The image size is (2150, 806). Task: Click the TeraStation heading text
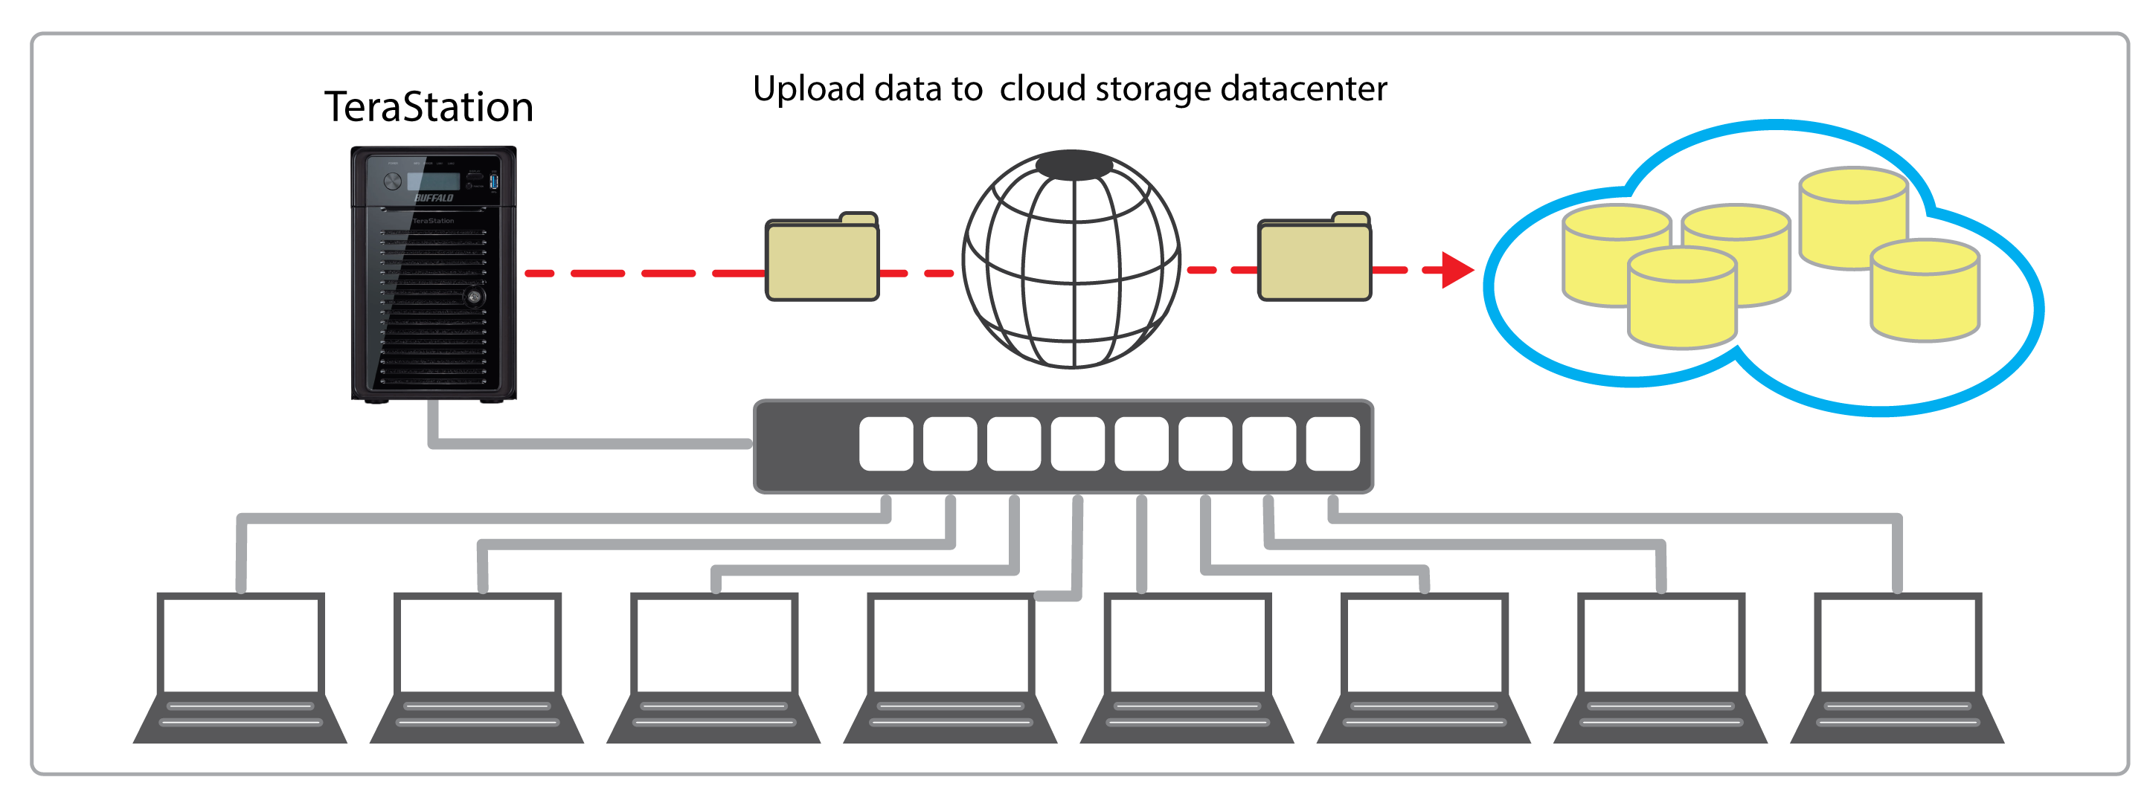tap(429, 108)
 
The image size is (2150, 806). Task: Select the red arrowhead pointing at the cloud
tap(1457, 269)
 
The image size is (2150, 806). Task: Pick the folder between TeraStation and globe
tap(822, 259)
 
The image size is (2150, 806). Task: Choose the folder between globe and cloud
tap(1315, 259)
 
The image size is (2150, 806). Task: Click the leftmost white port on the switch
tap(885, 444)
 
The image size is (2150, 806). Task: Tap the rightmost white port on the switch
tap(1333, 444)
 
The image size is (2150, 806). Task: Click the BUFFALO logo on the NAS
tap(434, 198)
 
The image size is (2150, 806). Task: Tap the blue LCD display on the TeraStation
tap(433, 181)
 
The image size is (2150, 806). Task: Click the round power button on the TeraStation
tap(392, 181)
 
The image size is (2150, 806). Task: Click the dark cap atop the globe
tap(1074, 165)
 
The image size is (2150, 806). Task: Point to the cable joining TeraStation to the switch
tap(584, 443)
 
